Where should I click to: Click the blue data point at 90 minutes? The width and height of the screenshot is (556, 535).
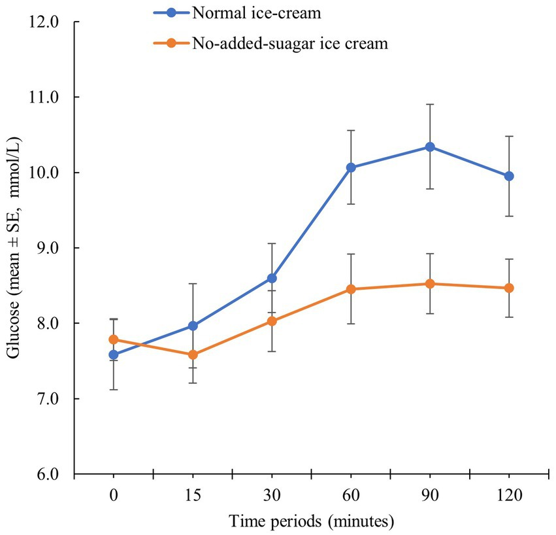[x=430, y=147]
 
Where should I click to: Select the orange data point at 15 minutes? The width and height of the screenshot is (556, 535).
[x=193, y=354]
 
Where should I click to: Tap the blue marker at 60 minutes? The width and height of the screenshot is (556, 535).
[x=351, y=167]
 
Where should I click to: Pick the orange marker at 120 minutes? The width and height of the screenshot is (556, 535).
[x=509, y=288]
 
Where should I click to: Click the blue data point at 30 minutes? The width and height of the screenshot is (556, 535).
[x=272, y=278]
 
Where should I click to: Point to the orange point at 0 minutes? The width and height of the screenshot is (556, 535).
[x=114, y=339]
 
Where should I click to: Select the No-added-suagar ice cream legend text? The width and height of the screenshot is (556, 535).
[x=290, y=44]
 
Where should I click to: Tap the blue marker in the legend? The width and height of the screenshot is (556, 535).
[x=171, y=12]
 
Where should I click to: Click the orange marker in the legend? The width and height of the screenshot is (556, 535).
[x=171, y=44]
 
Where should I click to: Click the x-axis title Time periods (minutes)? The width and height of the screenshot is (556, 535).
[x=311, y=521]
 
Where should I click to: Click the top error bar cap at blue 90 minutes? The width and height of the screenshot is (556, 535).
[x=430, y=104]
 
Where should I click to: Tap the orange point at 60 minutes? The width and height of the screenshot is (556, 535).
[x=351, y=289]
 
